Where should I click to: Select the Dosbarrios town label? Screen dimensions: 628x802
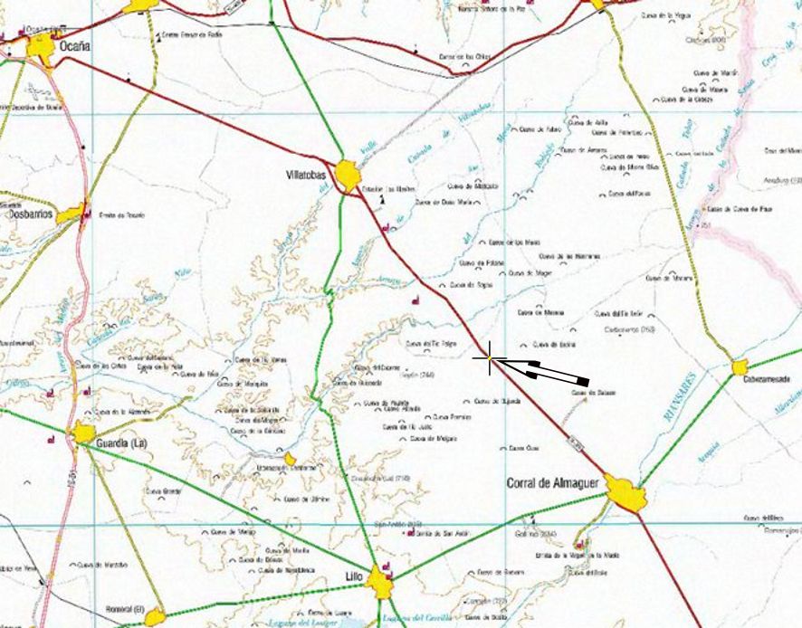click(30, 215)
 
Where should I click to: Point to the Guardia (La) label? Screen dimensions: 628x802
click(121, 443)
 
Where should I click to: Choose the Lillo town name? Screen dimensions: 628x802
click(354, 576)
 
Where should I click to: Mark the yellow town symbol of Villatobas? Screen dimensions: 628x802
click(348, 174)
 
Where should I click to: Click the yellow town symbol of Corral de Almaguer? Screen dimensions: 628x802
click(625, 493)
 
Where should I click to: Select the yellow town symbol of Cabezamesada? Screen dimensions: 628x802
click(740, 366)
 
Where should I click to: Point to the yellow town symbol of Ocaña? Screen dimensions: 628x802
click(42, 46)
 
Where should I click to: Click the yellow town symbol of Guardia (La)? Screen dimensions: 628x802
click(84, 433)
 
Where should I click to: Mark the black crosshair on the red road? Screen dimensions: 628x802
click(490, 359)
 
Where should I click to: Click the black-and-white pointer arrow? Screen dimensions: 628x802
click(543, 369)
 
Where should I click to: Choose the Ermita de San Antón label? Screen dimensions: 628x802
click(438, 532)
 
